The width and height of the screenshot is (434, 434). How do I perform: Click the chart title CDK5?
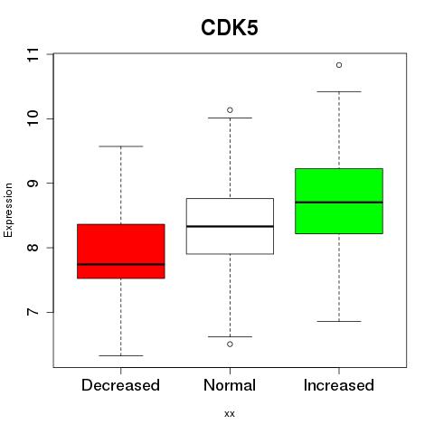point(230,28)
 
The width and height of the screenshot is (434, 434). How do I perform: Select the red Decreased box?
point(121,251)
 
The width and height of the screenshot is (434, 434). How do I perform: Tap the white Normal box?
point(230,226)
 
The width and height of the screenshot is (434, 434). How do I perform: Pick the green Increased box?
point(339,201)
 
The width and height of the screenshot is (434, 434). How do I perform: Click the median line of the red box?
point(121,264)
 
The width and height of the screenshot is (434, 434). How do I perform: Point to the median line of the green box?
point(339,203)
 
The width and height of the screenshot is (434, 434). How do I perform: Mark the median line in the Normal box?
point(230,226)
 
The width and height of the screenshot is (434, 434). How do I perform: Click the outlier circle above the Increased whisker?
point(339,65)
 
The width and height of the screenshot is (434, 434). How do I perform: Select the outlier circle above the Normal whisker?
point(230,110)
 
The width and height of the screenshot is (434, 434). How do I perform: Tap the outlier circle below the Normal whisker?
point(230,344)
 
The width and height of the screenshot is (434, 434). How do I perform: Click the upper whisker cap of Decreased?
point(121,146)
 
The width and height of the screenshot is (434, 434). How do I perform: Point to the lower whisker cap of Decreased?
point(121,355)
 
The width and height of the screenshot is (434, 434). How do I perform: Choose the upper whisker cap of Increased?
point(339,91)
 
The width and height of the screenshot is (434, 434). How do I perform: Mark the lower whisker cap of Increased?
point(339,321)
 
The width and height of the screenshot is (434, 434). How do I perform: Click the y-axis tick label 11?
point(33,54)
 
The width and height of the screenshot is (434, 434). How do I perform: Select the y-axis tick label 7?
point(33,312)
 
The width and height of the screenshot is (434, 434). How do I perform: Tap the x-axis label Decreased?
point(120,385)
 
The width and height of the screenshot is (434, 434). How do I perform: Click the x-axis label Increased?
point(339,385)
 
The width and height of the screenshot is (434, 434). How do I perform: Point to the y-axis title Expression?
point(8,210)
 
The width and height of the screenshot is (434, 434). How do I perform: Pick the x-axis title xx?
point(230,414)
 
